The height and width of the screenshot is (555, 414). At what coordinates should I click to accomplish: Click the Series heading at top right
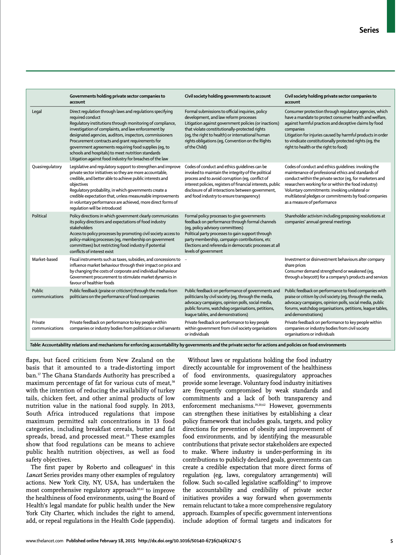click(369, 30)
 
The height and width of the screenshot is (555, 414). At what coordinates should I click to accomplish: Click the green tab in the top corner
click(391, 16)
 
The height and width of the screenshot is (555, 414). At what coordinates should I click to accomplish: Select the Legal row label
click(37, 111)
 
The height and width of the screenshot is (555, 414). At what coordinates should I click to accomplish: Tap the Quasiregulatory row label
click(47, 166)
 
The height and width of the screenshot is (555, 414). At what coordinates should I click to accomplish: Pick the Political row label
click(39, 216)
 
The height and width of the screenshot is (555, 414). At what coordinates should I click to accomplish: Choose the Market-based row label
click(45, 259)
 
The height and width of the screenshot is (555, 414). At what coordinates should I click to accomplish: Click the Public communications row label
click(47, 293)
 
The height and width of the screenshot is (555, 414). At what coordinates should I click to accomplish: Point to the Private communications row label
click(47, 325)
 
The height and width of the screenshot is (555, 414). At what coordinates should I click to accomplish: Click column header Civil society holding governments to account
click(228, 96)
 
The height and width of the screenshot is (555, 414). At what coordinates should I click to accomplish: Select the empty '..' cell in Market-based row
click(186, 259)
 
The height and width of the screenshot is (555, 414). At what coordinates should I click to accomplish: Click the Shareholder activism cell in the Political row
click(334, 219)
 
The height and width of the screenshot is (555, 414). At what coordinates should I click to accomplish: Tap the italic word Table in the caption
click(35, 345)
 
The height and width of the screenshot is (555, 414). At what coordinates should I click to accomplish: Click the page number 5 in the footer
click(391, 541)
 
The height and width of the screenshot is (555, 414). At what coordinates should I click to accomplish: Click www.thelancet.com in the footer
click(44, 541)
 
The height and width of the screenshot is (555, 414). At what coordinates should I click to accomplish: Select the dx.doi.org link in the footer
click(189, 541)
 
